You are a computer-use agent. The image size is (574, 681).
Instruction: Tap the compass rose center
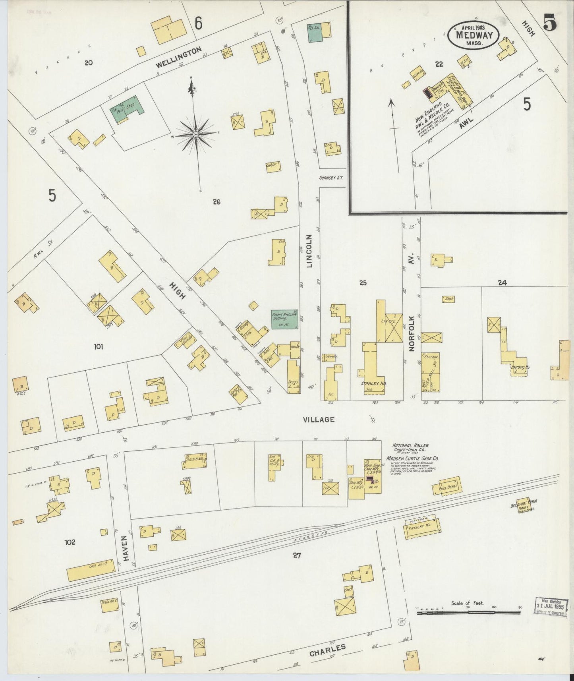196,135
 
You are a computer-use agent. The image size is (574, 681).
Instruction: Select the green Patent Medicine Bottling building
284,319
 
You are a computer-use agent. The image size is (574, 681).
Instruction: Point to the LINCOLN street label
310,251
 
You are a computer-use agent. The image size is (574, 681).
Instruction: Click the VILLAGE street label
319,420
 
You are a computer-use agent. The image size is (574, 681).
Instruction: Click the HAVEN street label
126,551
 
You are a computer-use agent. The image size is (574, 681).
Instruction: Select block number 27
296,555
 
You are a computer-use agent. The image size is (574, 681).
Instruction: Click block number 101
98,346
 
